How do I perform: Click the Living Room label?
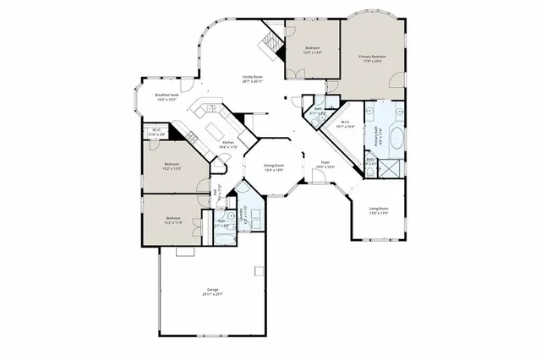pos(378,210)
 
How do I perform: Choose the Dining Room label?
pos(273,167)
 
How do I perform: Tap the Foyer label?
pos(325,166)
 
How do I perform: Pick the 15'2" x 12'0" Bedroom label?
pos(171,166)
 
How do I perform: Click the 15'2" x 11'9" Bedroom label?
pos(171,221)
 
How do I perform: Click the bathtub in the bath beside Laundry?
pos(226,238)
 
